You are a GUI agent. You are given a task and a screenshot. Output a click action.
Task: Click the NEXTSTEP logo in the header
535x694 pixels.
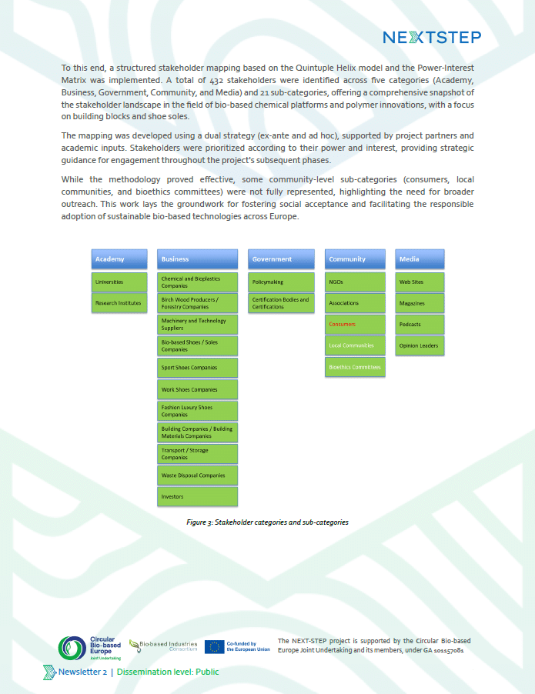click(x=432, y=38)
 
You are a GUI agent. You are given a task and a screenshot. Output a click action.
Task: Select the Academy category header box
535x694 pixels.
click(x=119, y=259)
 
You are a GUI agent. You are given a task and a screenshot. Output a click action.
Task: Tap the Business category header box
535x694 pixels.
click(x=197, y=259)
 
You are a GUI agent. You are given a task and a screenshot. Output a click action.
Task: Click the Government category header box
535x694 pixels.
click(x=281, y=259)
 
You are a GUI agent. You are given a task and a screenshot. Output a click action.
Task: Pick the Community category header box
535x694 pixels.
click(x=355, y=259)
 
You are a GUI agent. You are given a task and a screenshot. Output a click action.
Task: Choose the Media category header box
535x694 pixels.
click(x=420, y=259)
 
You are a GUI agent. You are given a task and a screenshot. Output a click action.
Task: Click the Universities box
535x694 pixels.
click(x=119, y=282)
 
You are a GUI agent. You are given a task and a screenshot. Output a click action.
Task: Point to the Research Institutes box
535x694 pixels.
click(x=119, y=303)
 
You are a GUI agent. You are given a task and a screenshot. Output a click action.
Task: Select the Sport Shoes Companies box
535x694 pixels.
click(x=197, y=368)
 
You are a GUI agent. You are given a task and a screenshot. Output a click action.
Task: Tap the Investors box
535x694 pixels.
click(x=197, y=497)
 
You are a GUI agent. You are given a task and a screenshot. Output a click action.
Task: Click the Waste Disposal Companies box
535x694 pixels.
click(x=197, y=475)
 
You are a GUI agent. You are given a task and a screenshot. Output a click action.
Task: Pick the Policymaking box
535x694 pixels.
click(x=281, y=282)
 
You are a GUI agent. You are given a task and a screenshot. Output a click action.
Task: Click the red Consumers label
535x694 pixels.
click(x=343, y=325)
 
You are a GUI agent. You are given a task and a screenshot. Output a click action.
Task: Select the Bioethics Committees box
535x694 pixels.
click(x=355, y=367)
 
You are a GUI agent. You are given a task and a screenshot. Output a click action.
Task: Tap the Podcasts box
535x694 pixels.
click(x=420, y=325)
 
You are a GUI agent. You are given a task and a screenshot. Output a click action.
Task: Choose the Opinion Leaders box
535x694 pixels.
click(x=420, y=346)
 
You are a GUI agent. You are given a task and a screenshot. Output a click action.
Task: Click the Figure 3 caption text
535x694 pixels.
click(x=267, y=522)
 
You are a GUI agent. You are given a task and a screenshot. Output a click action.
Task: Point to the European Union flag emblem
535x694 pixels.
click(x=214, y=646)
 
